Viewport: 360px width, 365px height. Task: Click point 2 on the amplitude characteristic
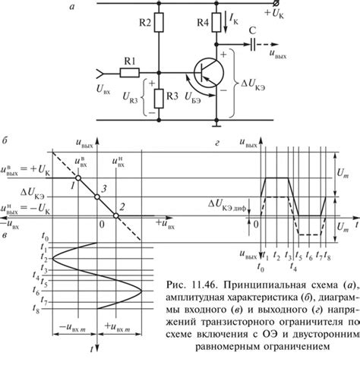[x=116, y=216]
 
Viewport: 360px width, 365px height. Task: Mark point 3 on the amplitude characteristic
[x=97, y=197]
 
